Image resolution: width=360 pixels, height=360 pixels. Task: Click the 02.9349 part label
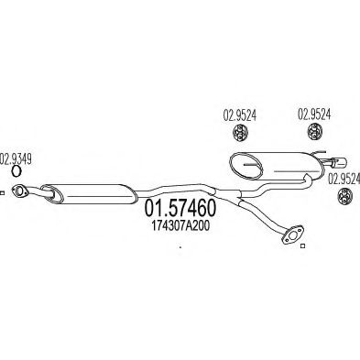(x=16, y=157)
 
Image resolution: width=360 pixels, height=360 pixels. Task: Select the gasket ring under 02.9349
(x=16, y=169)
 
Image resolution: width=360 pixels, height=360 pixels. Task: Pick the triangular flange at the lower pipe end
(x=294, y=237)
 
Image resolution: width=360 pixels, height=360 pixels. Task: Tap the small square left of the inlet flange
(x=4, y=192)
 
